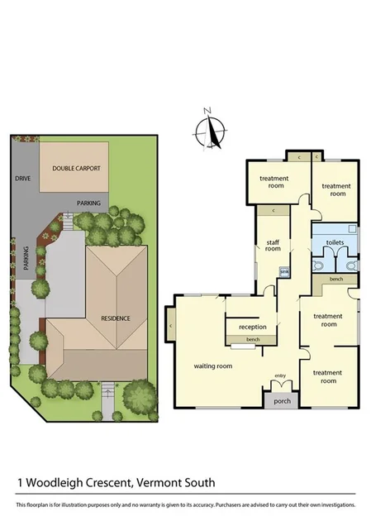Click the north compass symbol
(x=212, y=131)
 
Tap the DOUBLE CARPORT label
(x=76, y=168)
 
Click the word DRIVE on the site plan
(x=22, y=178)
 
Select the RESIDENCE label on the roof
(x=117, y=318)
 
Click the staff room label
(x=273, y=245)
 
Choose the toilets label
(x=335, y=242)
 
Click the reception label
(x=253, y=328)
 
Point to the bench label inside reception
(x=253, y=340)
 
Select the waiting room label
(x=212, y=366)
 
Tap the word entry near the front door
(x=279, y=376)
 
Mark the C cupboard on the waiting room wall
(x=170, y=327)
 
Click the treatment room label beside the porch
(x=328, y=377)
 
